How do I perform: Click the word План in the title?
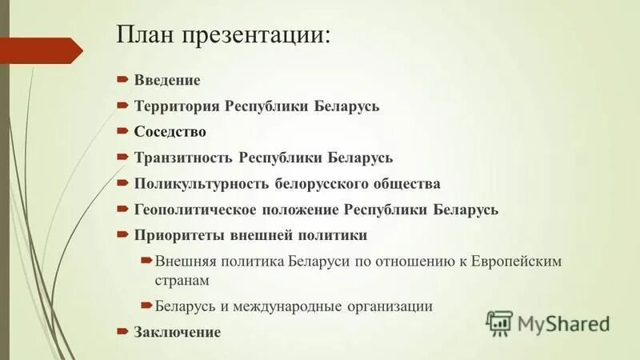point(146,36)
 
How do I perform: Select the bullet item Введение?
point(167,81)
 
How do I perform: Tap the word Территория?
point(176,106)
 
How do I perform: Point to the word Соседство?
point(170,132)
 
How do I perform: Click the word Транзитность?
point(179,158)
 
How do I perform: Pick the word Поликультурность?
point(200,184)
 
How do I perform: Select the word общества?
point(406,184)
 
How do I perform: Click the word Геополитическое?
point(194,210)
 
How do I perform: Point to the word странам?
point(182,281)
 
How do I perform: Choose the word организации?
point(390,306)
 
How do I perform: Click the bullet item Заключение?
point(177,332)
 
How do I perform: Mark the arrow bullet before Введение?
point(122,81)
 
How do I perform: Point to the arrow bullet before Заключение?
point(122,331)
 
